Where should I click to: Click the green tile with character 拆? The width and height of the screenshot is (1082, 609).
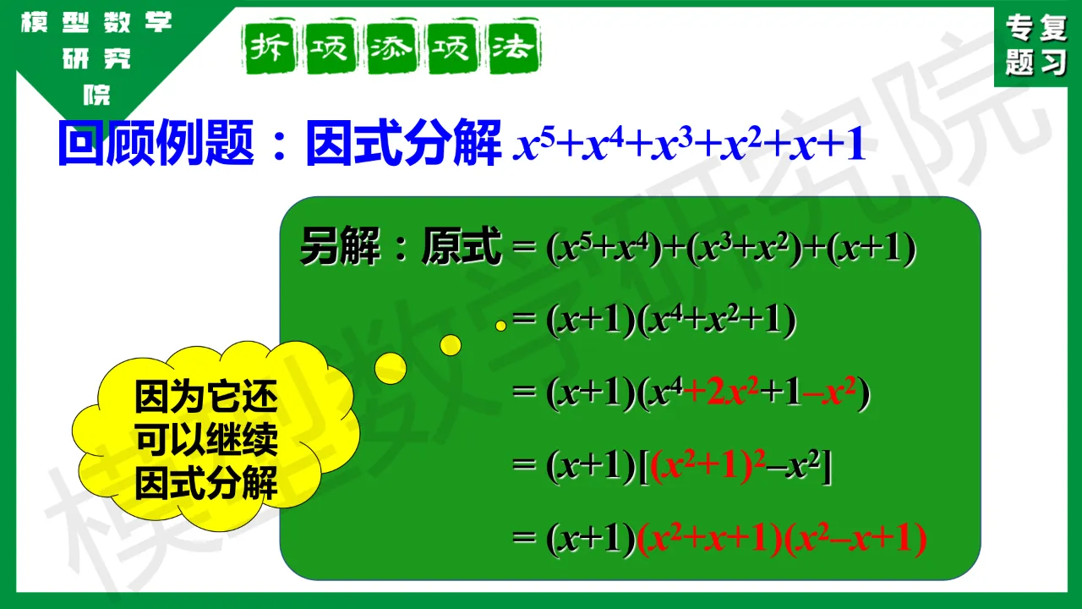pyautogui.click(x=269, y=47)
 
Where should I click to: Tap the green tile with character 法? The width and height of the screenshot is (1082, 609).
pyautogui.click(x=514, y=47)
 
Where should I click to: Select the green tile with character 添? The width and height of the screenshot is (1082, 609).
pyautogui.click(x=391, y=47)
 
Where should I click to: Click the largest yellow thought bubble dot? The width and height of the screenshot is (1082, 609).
pyautogui.click(x=391, y=368)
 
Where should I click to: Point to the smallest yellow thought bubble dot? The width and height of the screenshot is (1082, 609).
pyautogui.click(x=501, y=326)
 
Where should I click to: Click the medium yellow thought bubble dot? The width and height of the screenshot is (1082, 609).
pyautogui.click(x=451, y=345)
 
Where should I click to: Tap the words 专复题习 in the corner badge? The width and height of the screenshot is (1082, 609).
pyautogui.click(x=1036, y=45)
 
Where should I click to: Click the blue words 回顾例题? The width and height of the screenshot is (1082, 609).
pyautogui.click(x=156, y=143)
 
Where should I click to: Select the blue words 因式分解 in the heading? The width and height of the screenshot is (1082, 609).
pyautogui.click(x=404, y=143)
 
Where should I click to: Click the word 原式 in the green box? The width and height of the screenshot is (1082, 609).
pyautogui.click(x=462, y=246)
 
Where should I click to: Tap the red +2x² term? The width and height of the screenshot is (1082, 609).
pyautogui.click(x=721, y=392)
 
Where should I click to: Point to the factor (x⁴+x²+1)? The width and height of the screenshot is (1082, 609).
pyautogui.click(x=716, y=320)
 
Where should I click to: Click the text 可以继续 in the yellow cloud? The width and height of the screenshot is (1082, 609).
pyautogui.click(x=206, y=439)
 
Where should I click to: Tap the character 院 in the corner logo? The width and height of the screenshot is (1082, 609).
pyautogui.click(x=96, y=95)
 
